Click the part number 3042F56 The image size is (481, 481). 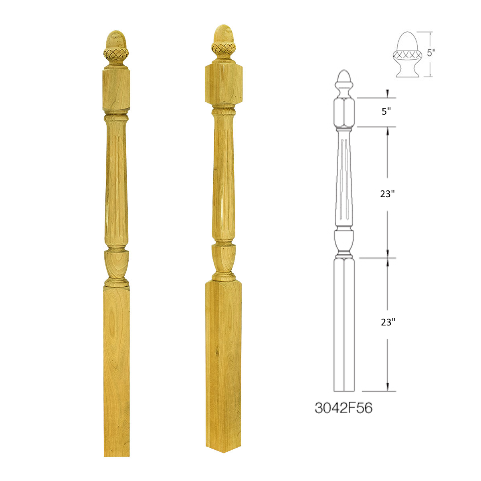click(344, 408)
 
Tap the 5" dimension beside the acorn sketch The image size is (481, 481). click(430, 53)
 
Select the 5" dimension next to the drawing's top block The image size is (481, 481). click(386, 112)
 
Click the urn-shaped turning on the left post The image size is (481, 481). click(117, 265)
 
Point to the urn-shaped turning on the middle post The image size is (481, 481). click(223, 259)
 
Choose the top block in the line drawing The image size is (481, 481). click(344, 112)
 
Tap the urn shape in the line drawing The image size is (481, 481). click(344, 241)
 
